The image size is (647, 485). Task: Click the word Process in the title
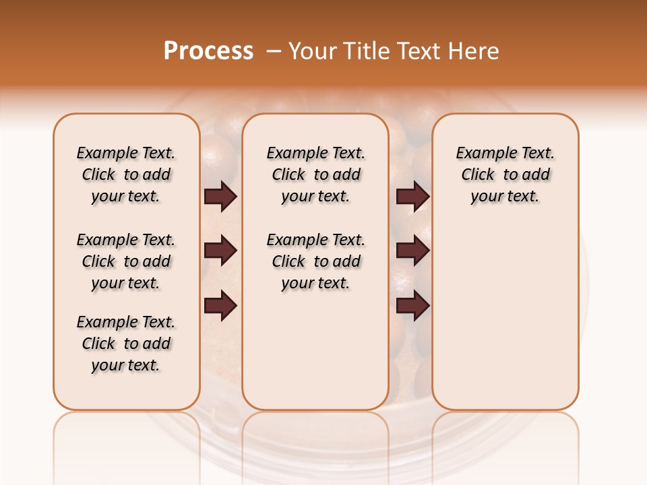point(208,51)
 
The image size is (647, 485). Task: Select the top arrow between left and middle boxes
point(220,197)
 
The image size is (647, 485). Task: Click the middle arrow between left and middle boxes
point(220,251)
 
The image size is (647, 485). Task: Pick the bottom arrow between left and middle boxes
point(220,306)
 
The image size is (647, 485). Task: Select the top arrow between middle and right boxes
point(412,197)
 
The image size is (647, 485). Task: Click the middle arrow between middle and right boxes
point(412,251)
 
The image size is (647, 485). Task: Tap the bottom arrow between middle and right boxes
point(412,306)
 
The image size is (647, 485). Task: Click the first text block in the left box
point(126,174)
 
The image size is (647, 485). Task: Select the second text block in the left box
point(126,261)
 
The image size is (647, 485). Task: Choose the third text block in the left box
point(126,344)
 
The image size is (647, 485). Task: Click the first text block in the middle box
point(315,174)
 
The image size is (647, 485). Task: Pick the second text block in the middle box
point(315,261)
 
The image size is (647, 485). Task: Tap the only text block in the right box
point(505,174)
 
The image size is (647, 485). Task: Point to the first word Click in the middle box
point(288,175)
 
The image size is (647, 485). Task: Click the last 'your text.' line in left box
point(126,365)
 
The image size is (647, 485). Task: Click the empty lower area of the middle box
point(315,350)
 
